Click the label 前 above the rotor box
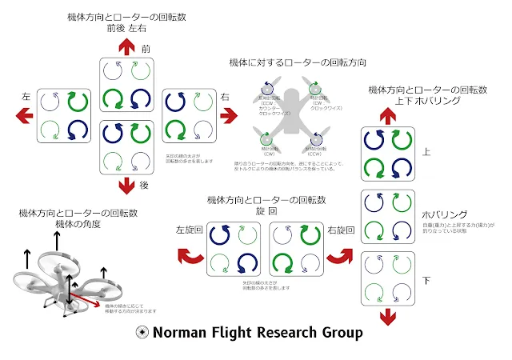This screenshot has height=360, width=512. point(146,50)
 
